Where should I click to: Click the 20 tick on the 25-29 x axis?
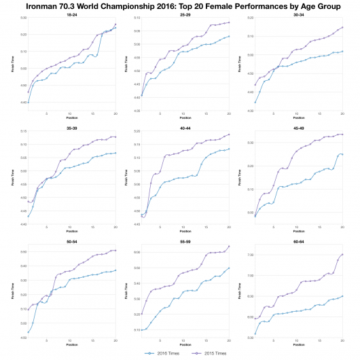229,113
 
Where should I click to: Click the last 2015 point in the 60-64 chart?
342,254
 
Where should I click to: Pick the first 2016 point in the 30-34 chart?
255,102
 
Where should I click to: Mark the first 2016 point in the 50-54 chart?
28,333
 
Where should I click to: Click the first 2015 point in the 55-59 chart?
141,314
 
